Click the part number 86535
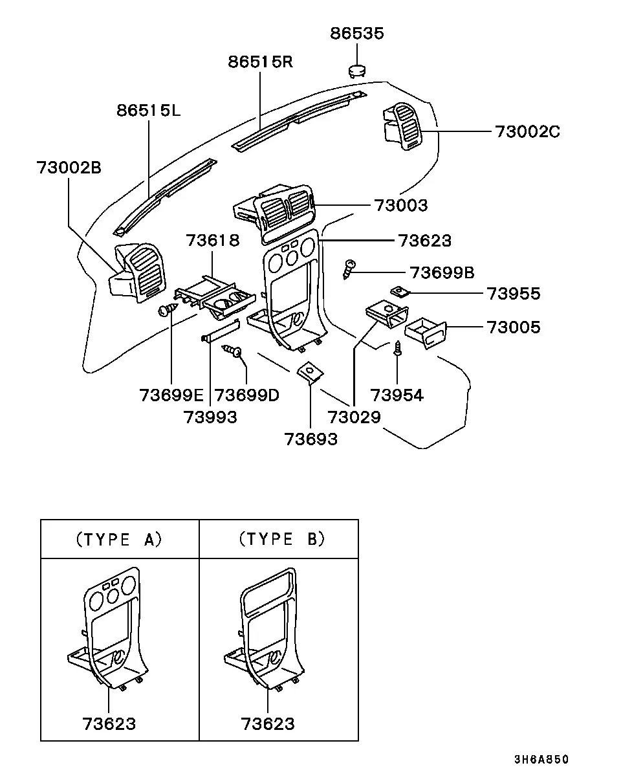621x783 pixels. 357,33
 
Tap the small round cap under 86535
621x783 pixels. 357,71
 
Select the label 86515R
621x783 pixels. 261,62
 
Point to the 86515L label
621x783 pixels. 148,110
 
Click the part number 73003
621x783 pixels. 401,205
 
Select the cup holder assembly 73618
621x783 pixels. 215,298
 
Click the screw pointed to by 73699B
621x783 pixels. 349,270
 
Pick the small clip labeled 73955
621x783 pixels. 400,291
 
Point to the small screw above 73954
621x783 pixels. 398,348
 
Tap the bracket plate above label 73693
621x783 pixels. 310,372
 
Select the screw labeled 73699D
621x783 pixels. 232,351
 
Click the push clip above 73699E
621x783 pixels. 168,309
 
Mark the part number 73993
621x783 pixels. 210,417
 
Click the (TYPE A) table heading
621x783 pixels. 119,540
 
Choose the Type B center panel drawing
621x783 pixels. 265,630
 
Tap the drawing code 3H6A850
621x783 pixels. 541,759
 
